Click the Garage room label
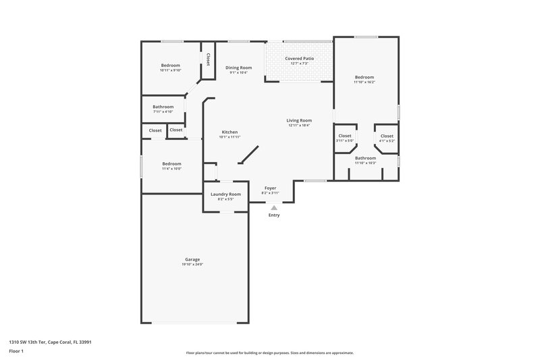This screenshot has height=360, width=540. [192, 259]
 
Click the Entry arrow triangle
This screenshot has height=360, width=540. [273, 208]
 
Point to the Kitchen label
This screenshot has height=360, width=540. [230, 132]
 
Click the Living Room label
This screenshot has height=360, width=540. [298, 120]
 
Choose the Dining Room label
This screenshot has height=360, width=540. [238, 68]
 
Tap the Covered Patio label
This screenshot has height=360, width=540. [298, 59]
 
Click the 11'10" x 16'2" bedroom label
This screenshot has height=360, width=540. [364, 78]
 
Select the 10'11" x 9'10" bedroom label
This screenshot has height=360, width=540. [170, 65]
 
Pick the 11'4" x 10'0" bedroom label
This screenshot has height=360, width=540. [171, 163]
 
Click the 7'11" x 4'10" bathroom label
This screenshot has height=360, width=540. [163, 107]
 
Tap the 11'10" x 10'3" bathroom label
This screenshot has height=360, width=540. [365, 158]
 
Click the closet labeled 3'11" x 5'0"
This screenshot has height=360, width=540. [345, 136]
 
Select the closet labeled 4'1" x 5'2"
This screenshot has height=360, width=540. [387, 136]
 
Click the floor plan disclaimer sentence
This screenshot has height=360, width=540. [269, 353]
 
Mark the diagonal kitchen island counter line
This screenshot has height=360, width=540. [248, 154]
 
